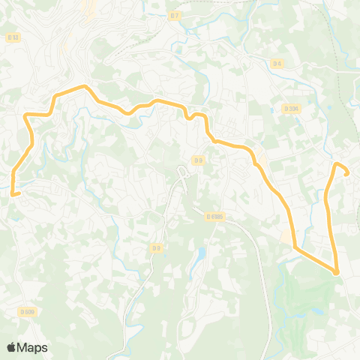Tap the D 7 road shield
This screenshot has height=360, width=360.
tap(175, 15)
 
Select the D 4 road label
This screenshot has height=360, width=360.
tap(277, 63)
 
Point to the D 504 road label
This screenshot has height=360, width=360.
tap(291, 108)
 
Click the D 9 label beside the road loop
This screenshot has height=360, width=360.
tap(197, 160)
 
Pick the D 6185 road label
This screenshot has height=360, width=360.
tap(215, 216)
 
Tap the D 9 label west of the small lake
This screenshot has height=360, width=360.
tap(156, 247)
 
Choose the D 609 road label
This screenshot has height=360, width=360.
tap(27, 311)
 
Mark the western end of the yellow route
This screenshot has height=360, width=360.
tap(13, 193)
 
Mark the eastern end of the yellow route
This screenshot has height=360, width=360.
tap(347, 173)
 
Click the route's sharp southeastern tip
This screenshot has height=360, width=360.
tap(337, 272)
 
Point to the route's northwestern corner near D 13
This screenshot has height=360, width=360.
tap(27, 115)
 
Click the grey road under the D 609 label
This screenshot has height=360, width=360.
tap(27, 318)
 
